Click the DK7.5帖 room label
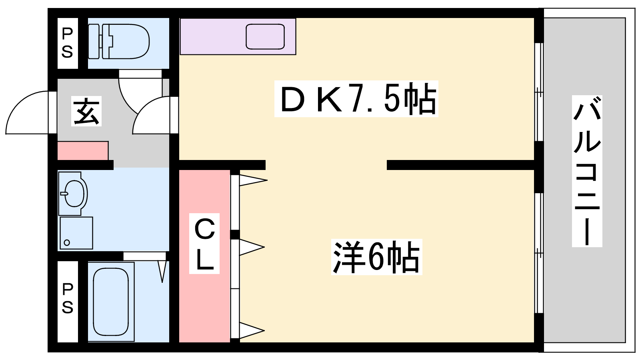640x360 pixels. [x=356, y=99]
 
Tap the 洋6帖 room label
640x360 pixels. [x=376, y=257]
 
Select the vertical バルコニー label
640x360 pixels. [x=587, y=171]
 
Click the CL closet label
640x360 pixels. [x=204, y=244]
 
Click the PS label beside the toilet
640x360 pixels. [x=68, y=43]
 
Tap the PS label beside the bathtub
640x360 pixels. [x=68, y=298]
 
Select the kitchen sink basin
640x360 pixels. [x=265, y=36]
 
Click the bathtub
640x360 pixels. [x=111, y=302]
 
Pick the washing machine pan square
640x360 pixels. [x=76, y=233]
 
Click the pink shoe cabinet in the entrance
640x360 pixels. [x=83, y=150]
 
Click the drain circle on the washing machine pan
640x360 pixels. [x=67, y=242]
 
